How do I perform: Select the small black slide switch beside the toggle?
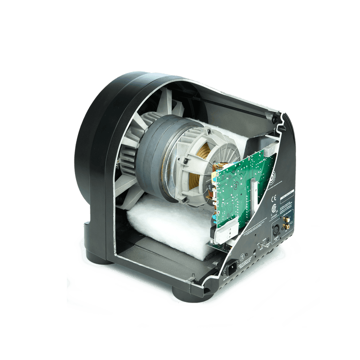pyautogui.click(x=268, y=241)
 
